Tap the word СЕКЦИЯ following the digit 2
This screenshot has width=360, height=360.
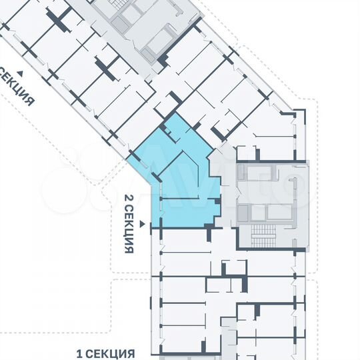tap(129, 229)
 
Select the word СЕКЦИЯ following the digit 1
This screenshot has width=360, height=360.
tap(112, 353)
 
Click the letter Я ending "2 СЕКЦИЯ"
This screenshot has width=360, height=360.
tap(129, 249)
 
